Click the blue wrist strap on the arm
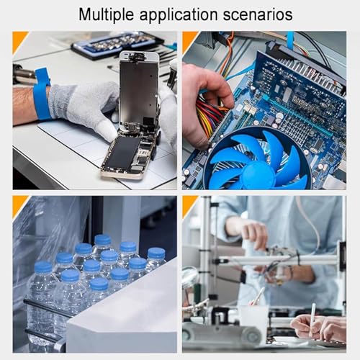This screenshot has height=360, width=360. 41,94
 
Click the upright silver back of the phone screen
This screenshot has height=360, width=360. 139,86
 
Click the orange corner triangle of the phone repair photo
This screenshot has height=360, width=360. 18,40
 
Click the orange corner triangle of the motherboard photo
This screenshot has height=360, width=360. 189,40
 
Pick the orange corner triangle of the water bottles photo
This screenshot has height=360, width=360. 18,204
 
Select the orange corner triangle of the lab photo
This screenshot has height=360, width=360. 189,204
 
